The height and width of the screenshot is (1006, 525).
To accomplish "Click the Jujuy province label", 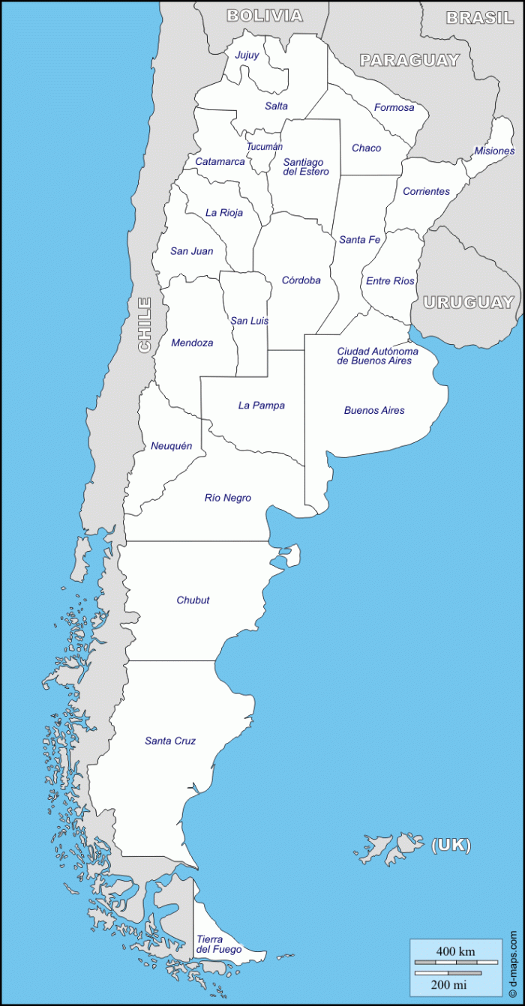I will (247, 55).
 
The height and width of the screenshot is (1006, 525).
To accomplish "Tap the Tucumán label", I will (265, 147).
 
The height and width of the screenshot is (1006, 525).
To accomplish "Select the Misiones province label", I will (494, 151).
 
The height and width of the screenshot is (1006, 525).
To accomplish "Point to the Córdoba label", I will (301, 280).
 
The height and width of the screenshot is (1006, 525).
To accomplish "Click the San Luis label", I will (249, 321).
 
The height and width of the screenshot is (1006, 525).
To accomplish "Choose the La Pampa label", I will (261, 406).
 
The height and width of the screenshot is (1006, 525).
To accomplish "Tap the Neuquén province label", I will (171, 446).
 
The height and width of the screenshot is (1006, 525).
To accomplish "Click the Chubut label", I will (193, 600).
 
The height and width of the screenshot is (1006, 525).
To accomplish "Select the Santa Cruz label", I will (170, 741).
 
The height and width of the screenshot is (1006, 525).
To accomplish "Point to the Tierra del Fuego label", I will (219, 945).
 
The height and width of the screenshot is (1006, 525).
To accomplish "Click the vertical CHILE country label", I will (145, 325).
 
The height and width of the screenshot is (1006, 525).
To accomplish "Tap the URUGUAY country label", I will (468, 303).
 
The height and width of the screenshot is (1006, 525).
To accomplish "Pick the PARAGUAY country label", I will (409, 61).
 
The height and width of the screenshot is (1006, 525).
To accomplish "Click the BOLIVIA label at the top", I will (265, 16).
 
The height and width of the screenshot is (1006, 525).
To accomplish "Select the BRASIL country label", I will (479, 18).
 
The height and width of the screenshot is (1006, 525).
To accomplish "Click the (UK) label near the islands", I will (451, 845).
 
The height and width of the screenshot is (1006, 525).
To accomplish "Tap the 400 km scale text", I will (455, 951).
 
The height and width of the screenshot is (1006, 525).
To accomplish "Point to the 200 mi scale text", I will (449, 984).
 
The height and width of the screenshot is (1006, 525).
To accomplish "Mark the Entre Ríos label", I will (390, 281).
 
